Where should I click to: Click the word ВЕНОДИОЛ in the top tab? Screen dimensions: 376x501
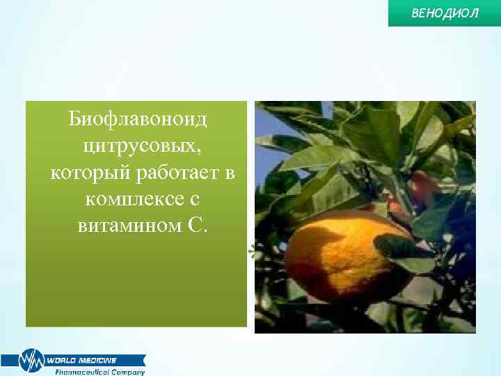(445, 13)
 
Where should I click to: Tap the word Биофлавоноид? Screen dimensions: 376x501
(138, 120)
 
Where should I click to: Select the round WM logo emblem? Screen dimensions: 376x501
(31, 361)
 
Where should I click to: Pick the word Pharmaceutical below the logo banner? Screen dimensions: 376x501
(84, 372)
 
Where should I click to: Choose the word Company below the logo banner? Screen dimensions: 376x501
(129, 372)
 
